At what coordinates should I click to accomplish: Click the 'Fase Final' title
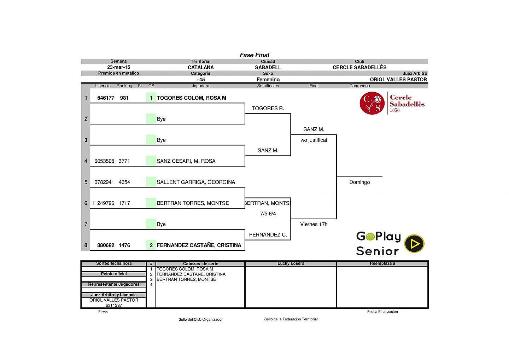[255, 55]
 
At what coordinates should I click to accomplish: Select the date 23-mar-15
[118, 67]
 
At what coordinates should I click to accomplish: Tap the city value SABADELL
[268, 67]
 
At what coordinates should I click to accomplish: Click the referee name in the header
[398, 80]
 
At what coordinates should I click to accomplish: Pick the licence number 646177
[106, 98]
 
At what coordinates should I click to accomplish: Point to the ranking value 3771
[124, 161]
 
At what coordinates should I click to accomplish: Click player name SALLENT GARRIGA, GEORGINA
[196, 182]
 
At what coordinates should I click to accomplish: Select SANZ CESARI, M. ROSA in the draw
[186, 161]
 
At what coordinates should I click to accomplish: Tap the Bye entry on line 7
[161, 224]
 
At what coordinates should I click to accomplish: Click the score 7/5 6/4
[268, 214]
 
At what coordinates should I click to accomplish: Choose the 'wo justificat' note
[314, 140]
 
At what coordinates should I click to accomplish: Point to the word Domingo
[359, 182]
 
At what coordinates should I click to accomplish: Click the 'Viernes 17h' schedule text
[314, 224]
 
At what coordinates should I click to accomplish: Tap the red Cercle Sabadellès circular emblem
[372, 103]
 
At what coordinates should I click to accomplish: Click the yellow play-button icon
[414, 244]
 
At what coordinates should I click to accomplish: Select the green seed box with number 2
[151, 245]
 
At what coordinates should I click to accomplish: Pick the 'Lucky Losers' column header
[291, 263]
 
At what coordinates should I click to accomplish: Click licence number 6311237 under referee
[114, 305]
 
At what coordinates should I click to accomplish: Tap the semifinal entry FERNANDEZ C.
[268, 235]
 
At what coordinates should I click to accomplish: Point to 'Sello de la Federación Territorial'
[291, 319]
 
